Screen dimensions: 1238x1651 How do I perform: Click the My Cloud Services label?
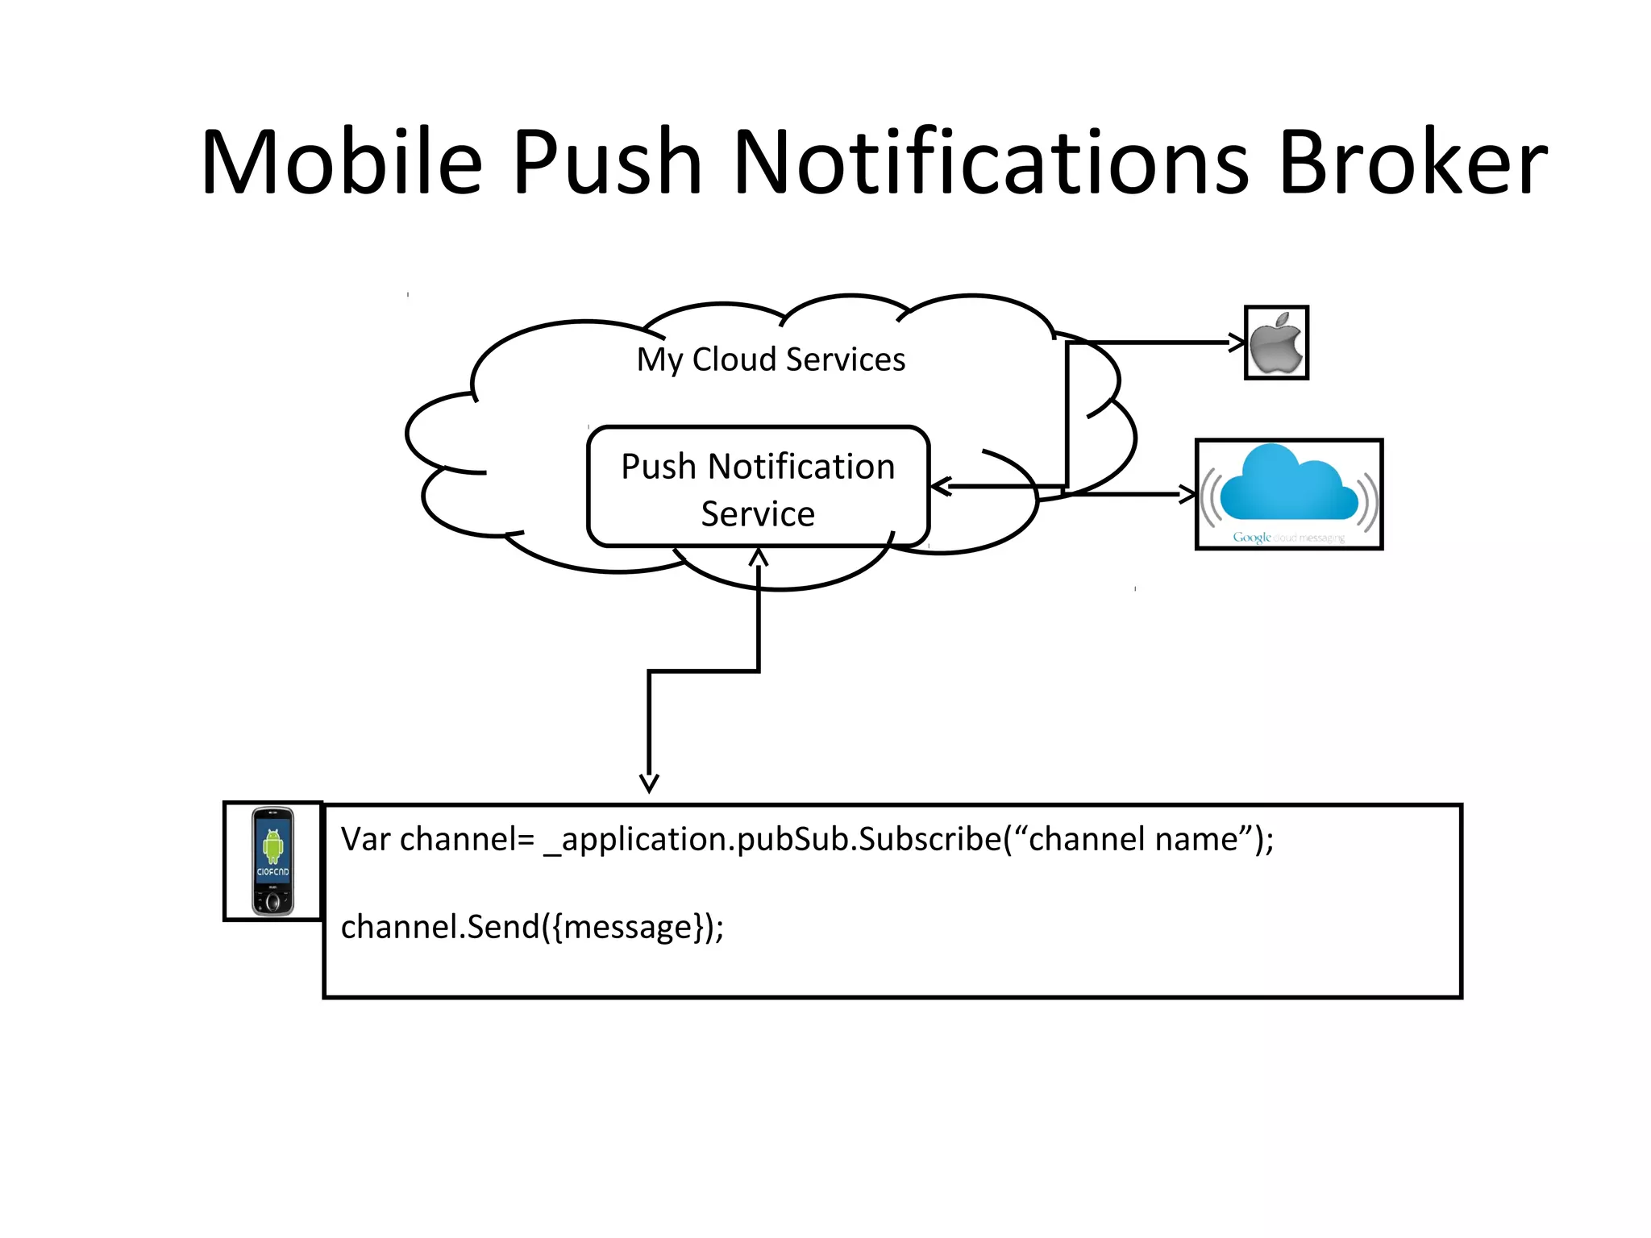pos(771,359)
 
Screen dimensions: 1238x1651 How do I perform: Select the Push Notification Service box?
pos(758,488)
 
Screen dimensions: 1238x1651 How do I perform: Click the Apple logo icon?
pos(1276,343)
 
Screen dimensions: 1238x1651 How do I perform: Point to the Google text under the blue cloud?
pos(1251,537)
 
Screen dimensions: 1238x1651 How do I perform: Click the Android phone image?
pos(272,861)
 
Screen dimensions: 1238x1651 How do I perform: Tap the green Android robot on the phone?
pos(273,845)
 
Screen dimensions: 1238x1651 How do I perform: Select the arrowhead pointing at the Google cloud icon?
pos(1188,494)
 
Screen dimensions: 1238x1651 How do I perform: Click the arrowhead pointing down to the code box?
pos(649,783)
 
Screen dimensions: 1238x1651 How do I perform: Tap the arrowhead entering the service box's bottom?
pos(759,557)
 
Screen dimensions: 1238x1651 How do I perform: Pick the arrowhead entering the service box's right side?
pos(940,486)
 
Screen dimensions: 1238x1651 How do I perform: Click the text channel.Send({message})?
pos(532,927)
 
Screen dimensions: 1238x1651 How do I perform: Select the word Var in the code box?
pos(365,839)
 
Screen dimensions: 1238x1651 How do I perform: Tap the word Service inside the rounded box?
pos(758,513)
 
